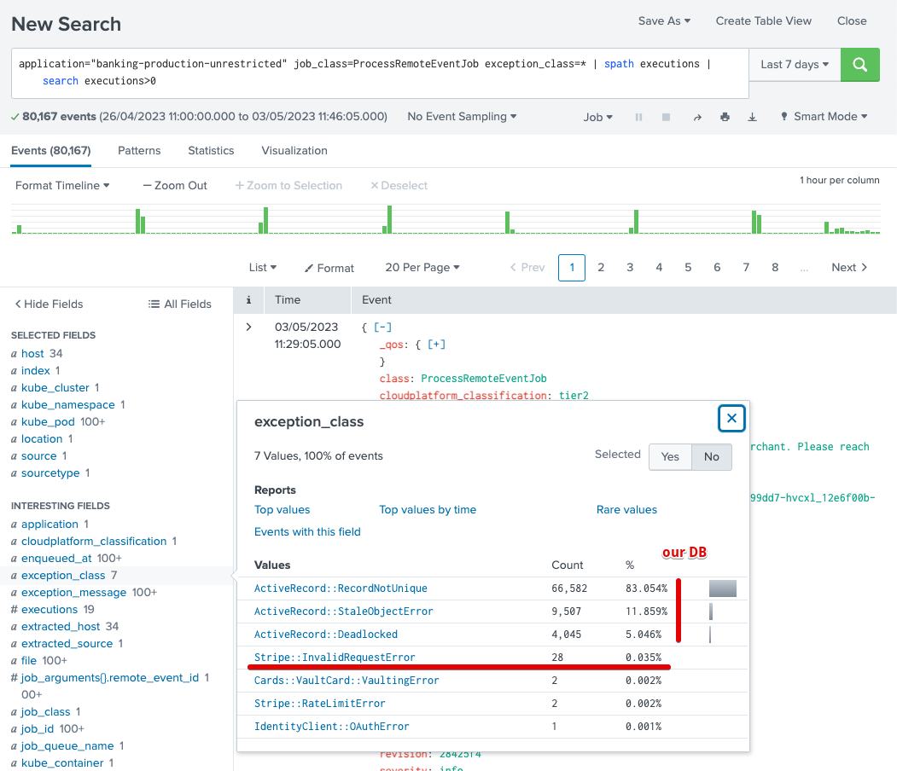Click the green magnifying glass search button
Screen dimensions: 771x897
[860, 65]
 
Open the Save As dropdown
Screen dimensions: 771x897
[664, 21]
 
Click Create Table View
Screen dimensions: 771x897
[763, 21]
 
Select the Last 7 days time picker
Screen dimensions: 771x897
[794, 65]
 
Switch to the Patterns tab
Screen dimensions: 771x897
[139, 151]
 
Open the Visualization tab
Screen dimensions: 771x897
[294, 151]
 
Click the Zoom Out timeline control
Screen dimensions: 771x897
[175, 186]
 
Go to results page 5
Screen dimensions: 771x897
[688, 268]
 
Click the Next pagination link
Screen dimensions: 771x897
[849, 268]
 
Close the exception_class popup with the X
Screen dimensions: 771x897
[731, 419]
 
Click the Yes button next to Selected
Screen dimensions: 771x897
[670, 457]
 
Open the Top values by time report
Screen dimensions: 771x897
[428, 510]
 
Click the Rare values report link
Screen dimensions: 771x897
[626, 510]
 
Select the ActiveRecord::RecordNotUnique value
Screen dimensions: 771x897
[341, 588]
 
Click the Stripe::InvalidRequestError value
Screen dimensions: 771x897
[335, 658]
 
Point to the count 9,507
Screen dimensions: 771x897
[568, 612]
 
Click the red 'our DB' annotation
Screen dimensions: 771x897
[684, 553]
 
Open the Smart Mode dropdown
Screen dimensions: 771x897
[824, 117]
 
